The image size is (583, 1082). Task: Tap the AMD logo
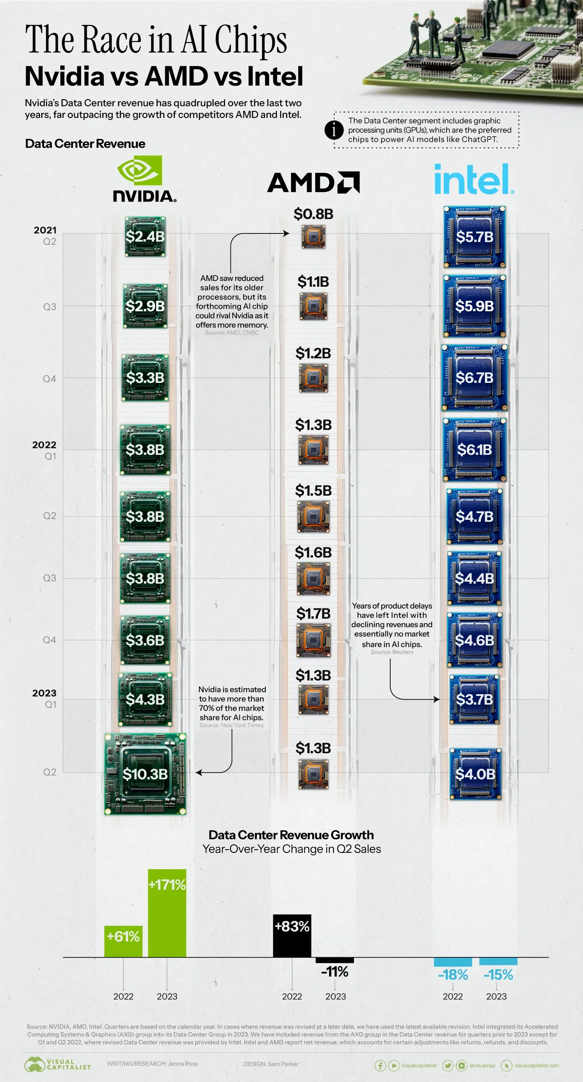313,182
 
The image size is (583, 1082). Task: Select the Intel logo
474,179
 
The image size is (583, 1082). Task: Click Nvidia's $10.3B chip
145,774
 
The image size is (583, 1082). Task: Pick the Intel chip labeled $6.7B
474,378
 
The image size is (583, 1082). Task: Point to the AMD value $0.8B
313,214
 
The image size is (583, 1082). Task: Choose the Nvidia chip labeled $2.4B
145,237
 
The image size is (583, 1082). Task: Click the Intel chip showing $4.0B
475,774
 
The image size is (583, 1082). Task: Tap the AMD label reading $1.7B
313,614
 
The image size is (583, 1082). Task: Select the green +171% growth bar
167,913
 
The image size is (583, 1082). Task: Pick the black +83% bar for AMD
292,936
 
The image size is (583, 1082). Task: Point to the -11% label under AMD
335,972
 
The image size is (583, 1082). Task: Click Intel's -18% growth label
452,975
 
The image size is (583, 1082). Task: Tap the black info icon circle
334,130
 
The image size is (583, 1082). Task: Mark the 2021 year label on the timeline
45,230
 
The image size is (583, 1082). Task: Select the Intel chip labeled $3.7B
474,700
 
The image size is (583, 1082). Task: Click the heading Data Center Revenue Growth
291,835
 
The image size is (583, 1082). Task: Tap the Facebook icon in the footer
380,1065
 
